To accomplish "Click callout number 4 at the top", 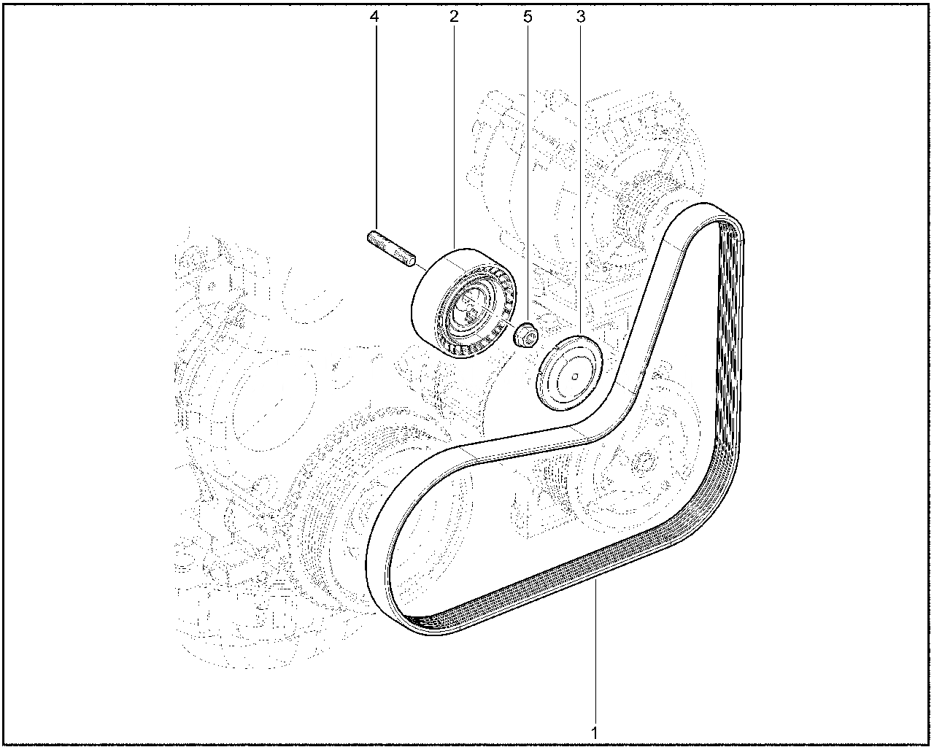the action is point(374,17).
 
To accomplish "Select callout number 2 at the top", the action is point(454,17).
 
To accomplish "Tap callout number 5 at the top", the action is point(528,17).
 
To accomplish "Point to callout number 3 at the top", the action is point(581,17).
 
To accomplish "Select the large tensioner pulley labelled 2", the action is point(463,303).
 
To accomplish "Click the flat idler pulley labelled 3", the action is point(569,373).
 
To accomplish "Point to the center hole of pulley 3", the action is point(575,376).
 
